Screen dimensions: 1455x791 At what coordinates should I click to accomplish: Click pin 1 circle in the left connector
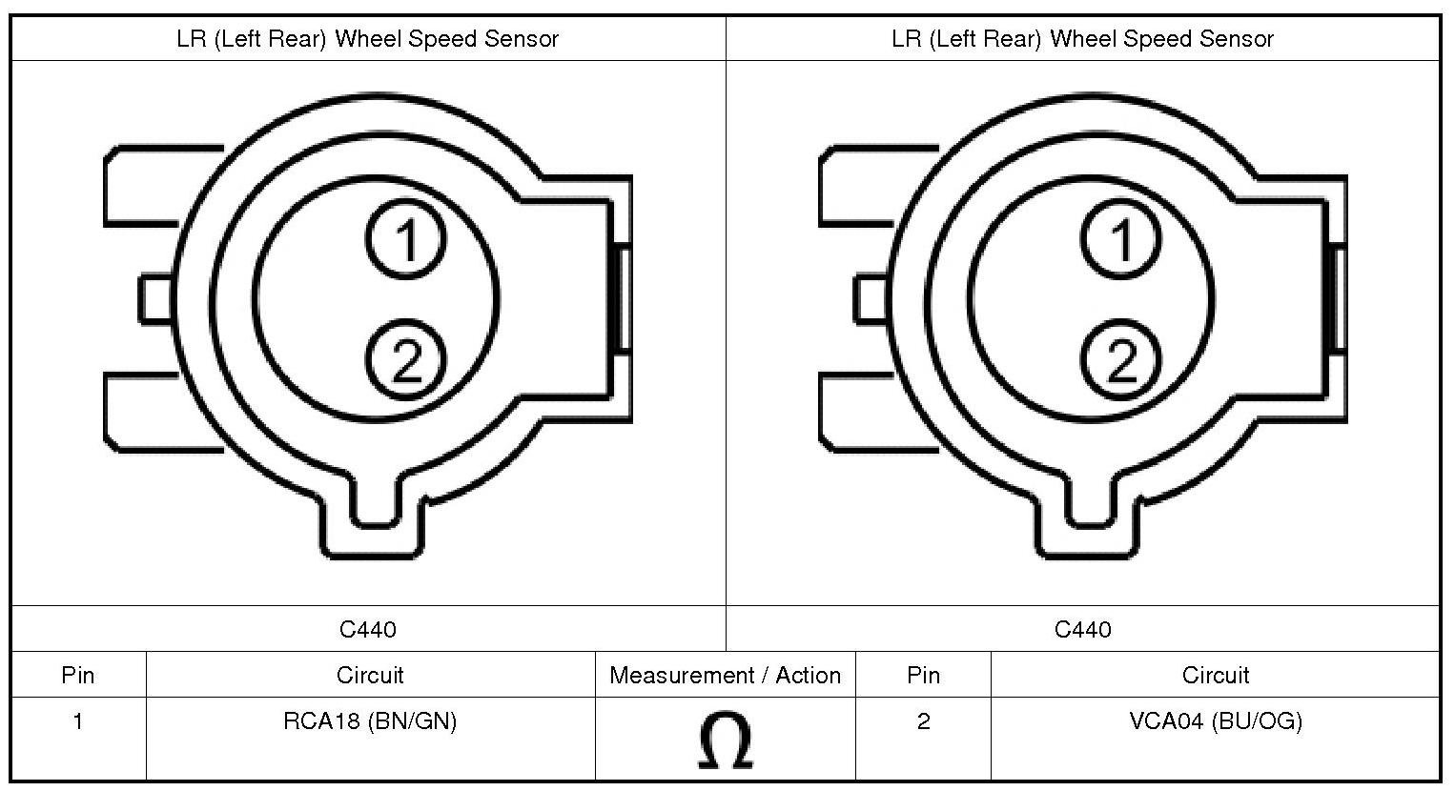[405, 238]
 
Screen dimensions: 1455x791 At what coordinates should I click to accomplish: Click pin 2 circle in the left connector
[405, 360]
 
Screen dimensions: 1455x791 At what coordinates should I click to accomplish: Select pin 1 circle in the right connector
[1121, 238]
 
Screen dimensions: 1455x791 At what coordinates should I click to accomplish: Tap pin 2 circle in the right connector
[1121, 360]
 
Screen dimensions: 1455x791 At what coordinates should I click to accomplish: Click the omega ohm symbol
[725, 740]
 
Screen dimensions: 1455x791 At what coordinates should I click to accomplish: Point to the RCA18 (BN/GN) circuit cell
[370, 721]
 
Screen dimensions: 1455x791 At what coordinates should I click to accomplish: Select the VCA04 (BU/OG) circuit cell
[1215, 721]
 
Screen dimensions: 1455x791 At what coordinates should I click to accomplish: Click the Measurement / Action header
[725, 676]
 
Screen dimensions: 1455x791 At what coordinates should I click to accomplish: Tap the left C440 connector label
[368, 629]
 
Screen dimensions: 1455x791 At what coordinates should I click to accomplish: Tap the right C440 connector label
[1082, 629]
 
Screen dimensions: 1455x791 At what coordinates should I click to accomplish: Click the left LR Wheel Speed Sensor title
[368, 39]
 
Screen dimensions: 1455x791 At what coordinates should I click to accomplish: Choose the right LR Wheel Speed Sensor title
[1082, 39]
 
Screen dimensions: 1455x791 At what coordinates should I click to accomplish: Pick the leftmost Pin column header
[78, 676]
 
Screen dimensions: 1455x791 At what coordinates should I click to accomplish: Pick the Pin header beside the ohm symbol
[923, 676]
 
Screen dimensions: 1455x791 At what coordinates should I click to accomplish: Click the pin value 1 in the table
[78, 721]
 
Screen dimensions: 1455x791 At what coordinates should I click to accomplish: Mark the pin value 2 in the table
[923, 721]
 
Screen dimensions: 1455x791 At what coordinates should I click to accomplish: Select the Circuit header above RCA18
[370, 676]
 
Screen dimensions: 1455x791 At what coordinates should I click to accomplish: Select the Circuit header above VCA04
[1215, 676]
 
